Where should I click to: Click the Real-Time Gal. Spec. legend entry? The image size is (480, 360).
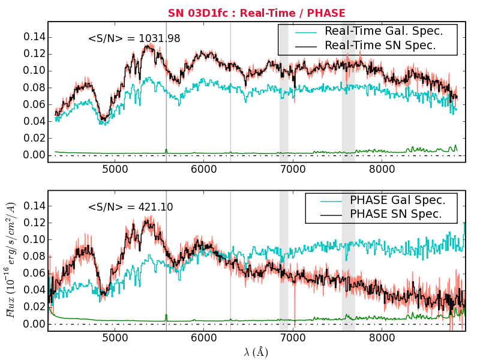coord(383,31)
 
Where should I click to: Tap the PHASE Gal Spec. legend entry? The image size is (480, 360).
coord(397,200)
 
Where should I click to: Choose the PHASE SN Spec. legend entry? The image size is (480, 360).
coord(395,214)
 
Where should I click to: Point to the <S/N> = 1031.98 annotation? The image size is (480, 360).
coord(134,39)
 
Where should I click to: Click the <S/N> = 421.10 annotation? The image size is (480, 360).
coord(130,207)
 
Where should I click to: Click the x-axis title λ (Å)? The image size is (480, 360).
coord(256,352)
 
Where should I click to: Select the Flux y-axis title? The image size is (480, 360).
coord(11,260)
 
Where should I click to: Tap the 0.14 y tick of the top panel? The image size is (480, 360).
coord(34,37)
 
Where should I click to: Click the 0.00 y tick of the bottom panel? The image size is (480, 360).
coord(34,324)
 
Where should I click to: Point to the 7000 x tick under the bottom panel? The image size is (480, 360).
coord(293,338)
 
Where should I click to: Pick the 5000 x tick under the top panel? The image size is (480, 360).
coord(115,170)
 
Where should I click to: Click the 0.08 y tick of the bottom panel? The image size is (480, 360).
coord(34,256)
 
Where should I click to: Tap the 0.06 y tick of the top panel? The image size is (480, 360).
coord(34,104)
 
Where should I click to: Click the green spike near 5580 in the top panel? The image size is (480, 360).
coord(166,151)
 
